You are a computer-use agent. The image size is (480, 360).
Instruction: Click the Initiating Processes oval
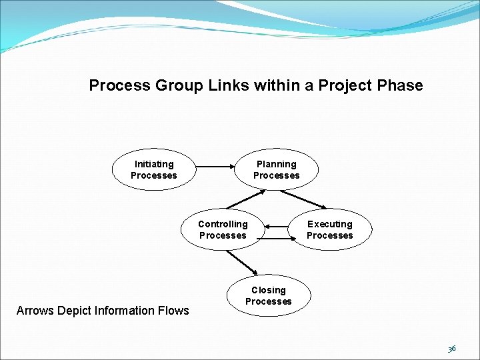[154, 169]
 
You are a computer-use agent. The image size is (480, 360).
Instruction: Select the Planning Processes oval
[276, 169]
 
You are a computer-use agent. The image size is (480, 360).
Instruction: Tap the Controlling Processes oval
[223, 229]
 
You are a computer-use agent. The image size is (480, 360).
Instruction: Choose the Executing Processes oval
[330, 229]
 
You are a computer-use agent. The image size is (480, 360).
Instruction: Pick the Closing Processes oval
[269, 295]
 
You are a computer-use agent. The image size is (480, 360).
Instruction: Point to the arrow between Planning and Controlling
[245, 199]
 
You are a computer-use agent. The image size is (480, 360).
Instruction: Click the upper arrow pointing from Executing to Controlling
[277, 227]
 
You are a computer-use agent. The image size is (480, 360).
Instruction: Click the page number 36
[452, 349]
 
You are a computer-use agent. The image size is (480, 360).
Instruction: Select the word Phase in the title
[400, 85]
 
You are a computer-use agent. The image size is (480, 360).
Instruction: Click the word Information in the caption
[123, 310]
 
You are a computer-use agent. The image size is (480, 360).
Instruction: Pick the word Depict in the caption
[75, 310]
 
